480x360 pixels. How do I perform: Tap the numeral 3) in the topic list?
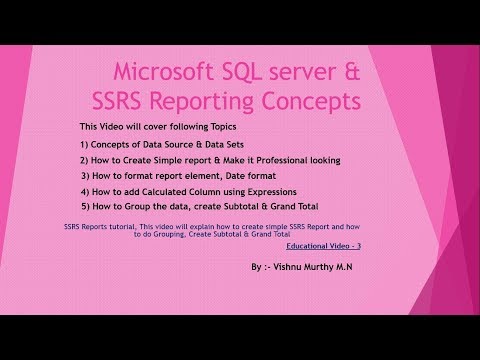tap(85, 176)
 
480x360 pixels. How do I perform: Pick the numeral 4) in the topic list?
tap(85, 191)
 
